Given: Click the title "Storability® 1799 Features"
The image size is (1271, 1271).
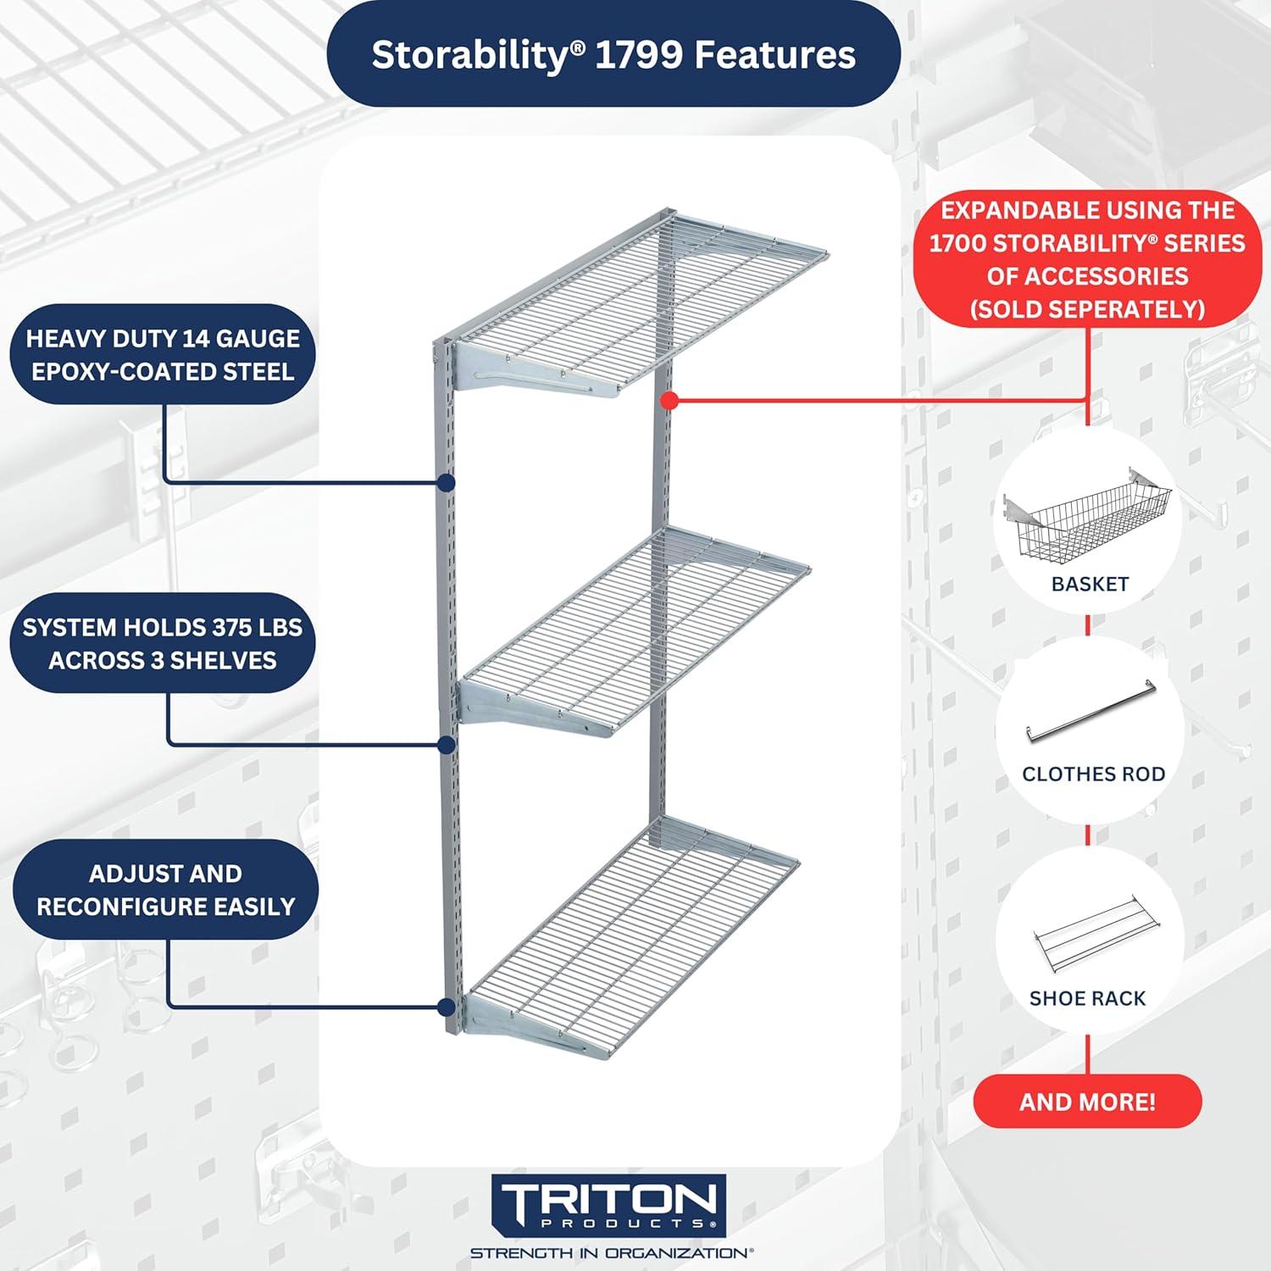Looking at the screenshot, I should (613, 55).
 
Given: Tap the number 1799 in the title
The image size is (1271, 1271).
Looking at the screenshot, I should (640, 55).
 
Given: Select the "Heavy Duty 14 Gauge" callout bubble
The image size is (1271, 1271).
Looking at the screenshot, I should (163, 354).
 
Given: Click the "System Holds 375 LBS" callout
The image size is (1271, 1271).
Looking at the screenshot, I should (163, 643).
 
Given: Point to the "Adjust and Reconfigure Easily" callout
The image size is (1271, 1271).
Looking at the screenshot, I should (166, 890).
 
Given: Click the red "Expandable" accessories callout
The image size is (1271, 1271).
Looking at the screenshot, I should (1087, 259).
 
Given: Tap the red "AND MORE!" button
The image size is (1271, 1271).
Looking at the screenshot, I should (1087, 1102).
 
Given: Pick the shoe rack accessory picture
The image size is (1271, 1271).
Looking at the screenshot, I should (1093, 932).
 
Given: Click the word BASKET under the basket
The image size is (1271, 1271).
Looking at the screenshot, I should (1090, 584).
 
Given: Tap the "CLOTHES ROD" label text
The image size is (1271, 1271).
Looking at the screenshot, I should (1093, 774).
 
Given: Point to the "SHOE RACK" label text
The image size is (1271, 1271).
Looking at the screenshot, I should (1087, 998).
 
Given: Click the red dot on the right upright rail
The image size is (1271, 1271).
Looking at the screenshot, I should (669, 401).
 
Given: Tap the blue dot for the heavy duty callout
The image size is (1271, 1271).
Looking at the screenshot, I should (447, 483).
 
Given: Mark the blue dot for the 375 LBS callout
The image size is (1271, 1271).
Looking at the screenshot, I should (447, 745).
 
